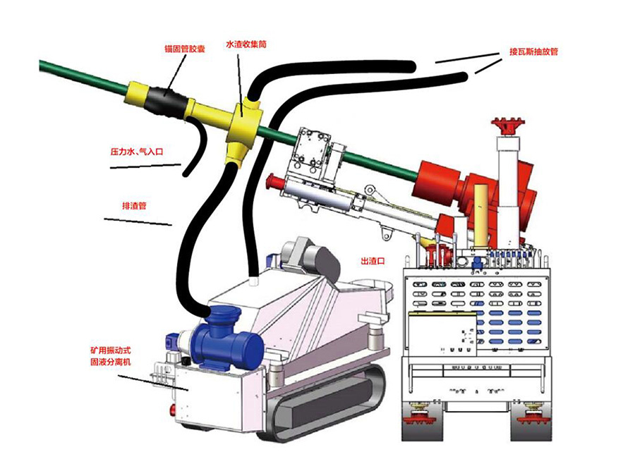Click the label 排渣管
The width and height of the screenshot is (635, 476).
coord(134,207)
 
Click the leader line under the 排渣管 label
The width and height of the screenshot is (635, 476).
coord(138,222)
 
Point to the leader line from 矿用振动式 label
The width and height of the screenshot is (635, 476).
coord(141,379)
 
